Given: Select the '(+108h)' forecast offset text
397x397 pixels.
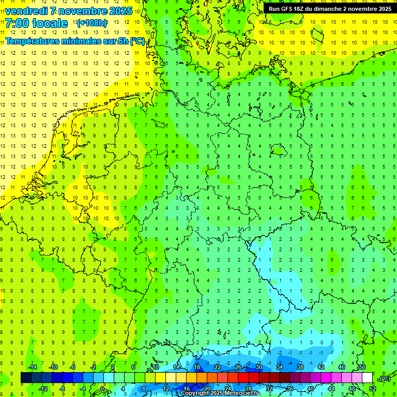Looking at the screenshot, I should tap(92, 23).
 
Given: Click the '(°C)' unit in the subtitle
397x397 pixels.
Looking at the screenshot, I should tap(138, 41).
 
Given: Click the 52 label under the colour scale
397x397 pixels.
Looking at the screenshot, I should tap(373, 389).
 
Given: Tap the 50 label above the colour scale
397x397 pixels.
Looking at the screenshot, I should tap(362, 367).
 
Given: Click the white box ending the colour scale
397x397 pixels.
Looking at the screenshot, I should tap(368, 378).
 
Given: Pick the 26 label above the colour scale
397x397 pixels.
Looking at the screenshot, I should tap(238, 367).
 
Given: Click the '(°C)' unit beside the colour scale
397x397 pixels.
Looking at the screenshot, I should tap(385, 378).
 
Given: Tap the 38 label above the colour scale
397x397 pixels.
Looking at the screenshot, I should tap(300, 367).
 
